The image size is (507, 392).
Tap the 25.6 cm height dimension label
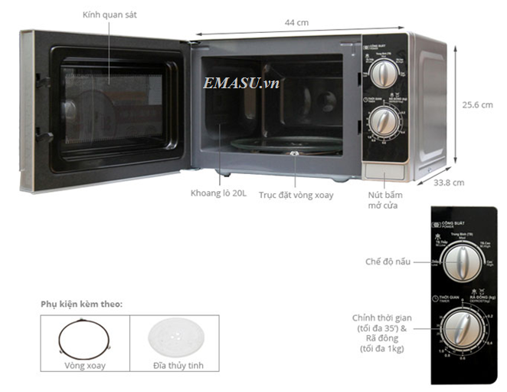tap(476, 104)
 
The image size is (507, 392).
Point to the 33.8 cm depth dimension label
tap(449, 183)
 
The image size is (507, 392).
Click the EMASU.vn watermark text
tap(241, 83)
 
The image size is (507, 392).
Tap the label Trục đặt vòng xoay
tap(296, 196)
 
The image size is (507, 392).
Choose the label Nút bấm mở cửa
tap(383, 200)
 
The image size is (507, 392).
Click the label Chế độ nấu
tap(387, 262)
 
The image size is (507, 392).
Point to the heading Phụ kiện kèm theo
tap(81, 305)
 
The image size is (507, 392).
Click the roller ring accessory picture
tap(84, 338)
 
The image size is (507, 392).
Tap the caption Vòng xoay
tap(84, 367)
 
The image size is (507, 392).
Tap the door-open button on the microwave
tap(380, 172)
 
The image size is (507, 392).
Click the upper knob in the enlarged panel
tap(460, 265)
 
